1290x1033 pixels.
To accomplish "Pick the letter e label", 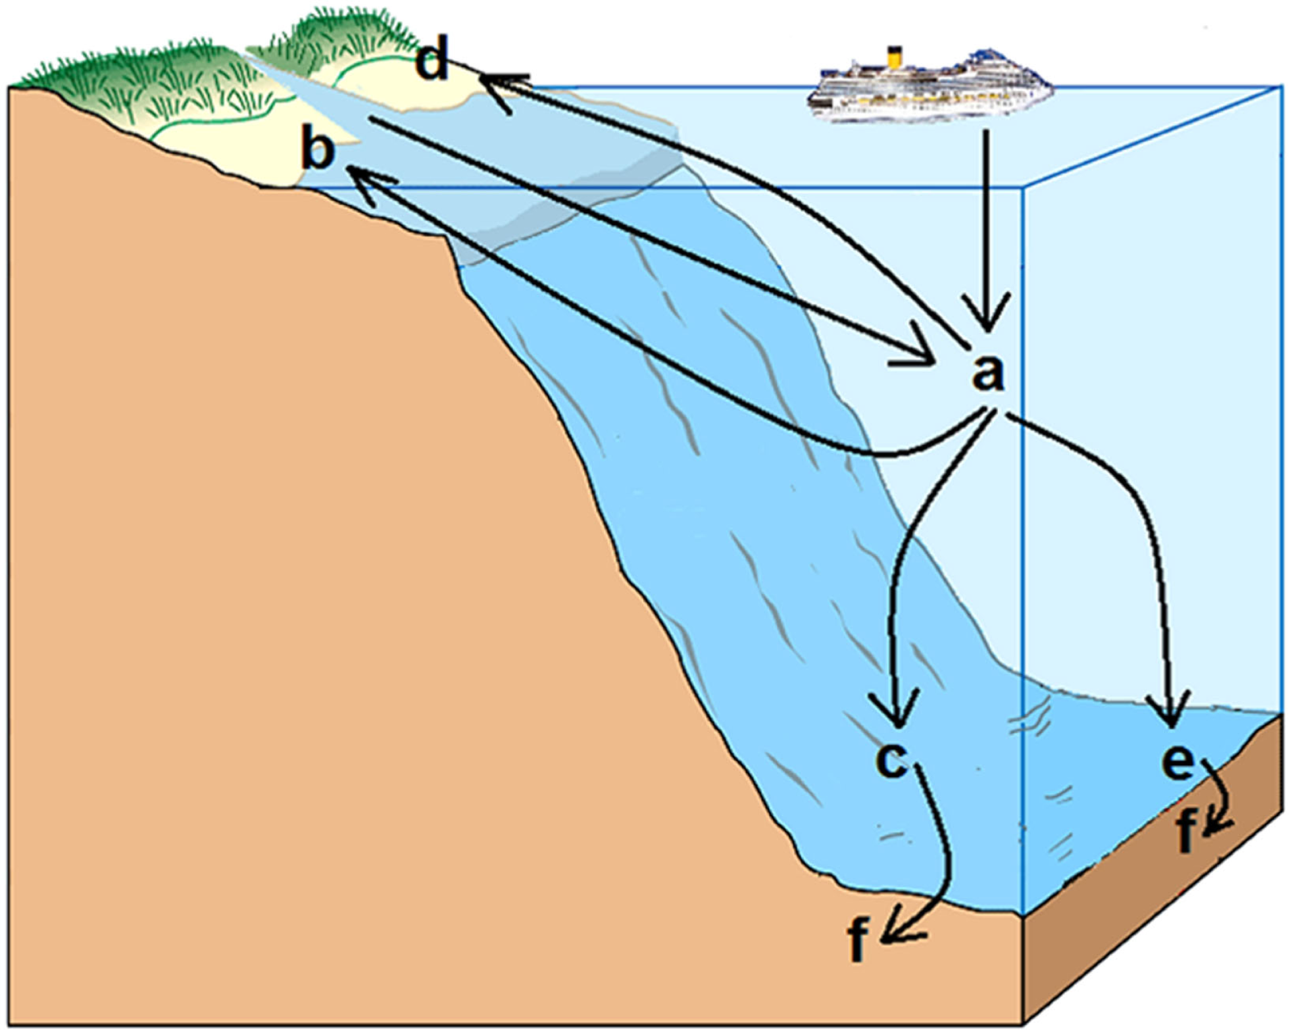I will tap(1178, 762).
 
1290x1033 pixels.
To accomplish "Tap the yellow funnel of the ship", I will tap(893, 58).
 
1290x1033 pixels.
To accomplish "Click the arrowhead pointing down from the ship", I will tap(985, 316).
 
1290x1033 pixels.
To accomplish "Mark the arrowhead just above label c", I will tap(896, 714).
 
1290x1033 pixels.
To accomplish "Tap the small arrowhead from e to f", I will tap(1214, 824).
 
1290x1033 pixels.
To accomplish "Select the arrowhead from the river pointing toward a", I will tap(921, 352).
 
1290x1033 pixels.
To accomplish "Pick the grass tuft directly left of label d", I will tap(342, 39).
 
